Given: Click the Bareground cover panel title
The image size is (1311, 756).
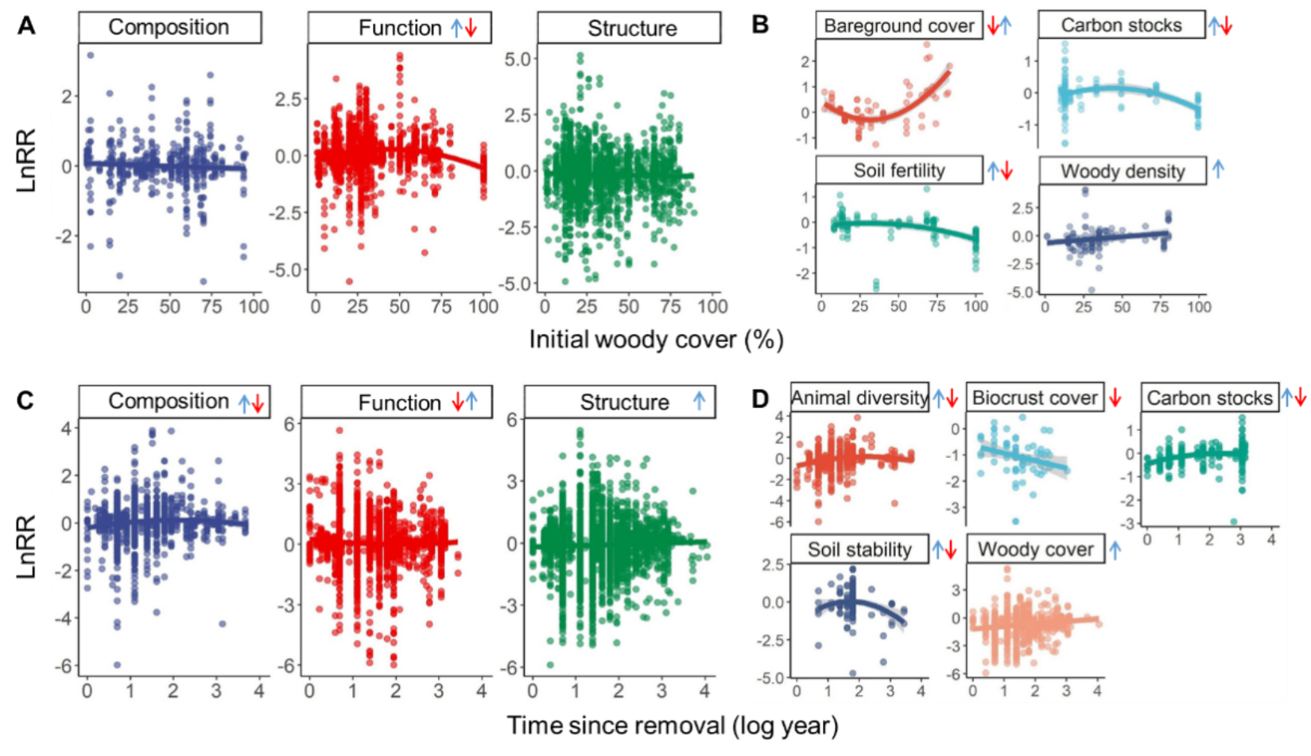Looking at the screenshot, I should (898, 26).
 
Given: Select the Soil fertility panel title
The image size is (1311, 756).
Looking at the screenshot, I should (899, 171).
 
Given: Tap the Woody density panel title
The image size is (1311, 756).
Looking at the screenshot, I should (1122, 171).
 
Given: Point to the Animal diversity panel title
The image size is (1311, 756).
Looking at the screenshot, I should (859, 397).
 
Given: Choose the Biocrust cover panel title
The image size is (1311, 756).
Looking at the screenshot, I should (1034, 397).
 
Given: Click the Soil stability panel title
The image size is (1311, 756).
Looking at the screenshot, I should (859, 549).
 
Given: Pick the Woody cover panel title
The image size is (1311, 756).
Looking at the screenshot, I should (1035, 549).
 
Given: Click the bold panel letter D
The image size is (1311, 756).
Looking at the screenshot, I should (761, 398).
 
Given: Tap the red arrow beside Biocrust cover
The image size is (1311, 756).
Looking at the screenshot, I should (1115, 397).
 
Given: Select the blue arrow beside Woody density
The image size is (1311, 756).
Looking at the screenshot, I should (1220, 168).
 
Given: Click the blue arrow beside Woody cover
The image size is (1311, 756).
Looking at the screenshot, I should (1115, 549).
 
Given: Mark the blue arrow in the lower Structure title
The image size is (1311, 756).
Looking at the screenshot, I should (699, 401).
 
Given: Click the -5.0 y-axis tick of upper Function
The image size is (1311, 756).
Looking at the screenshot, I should (287, 270).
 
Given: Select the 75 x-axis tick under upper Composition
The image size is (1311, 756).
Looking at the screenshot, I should (211, 307).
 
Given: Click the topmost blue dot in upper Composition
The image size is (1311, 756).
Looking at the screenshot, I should (91, 55).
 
